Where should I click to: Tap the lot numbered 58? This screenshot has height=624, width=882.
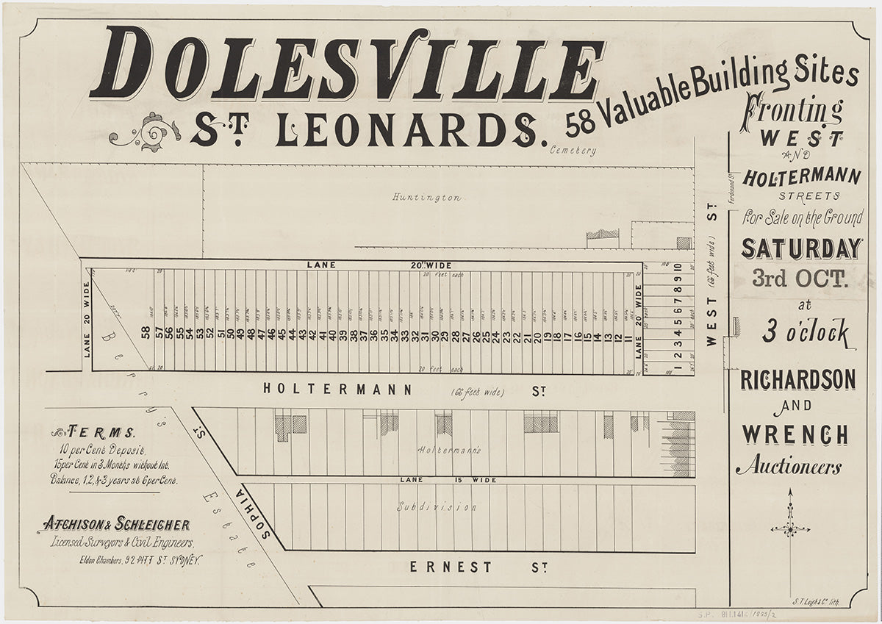tap(145, 334)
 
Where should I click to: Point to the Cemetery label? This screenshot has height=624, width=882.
tap(573, 151)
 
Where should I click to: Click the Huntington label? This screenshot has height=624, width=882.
tap(426, 197)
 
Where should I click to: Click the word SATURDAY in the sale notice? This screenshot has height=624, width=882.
tap(800, 248)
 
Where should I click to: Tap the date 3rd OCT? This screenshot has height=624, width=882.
tap(800, 278)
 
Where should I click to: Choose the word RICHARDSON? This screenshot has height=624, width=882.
tap(797, 380)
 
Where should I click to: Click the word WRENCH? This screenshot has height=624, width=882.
tap(795, 434)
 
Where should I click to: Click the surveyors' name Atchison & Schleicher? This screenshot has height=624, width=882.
tap(116, 524)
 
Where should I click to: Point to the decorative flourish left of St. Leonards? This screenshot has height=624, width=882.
tap(146, 132)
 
